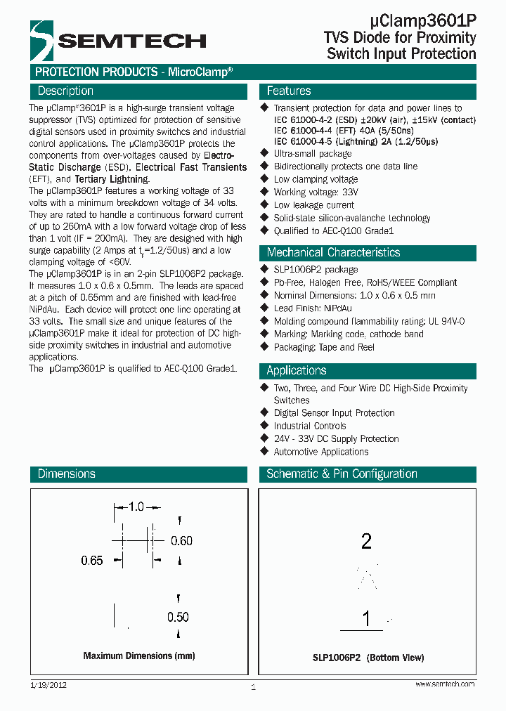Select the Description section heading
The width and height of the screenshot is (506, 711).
[x=65, y=91]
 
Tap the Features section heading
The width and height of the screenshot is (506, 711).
[x=289, y=91]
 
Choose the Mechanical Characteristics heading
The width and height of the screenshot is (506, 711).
[x=333, y=252]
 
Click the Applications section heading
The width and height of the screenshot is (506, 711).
[x=297, y=370]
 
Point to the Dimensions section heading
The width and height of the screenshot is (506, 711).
[x=67, y=474]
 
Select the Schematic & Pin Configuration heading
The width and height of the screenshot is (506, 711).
[x=342, y=474]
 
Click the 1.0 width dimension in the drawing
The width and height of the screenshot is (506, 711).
[x=136, y=507]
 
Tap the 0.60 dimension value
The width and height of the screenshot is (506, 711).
[x=182, y=540]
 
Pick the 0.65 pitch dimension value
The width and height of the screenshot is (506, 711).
[x=92, y=561]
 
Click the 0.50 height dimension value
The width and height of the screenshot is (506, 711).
[x=179, y=617]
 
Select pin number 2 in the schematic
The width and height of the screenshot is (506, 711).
[x=365, y=541]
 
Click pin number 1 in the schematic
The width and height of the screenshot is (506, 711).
[x=366, y=619]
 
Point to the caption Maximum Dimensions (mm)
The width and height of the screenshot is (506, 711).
[x=139, y=655]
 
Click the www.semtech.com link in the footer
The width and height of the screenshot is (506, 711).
[x=445, y=684]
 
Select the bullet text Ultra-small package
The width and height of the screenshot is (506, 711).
[x=313, y=153]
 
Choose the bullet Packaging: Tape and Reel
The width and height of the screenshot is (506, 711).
[x=324, y=347]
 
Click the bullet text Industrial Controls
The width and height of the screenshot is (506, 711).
[x=310, y=426]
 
